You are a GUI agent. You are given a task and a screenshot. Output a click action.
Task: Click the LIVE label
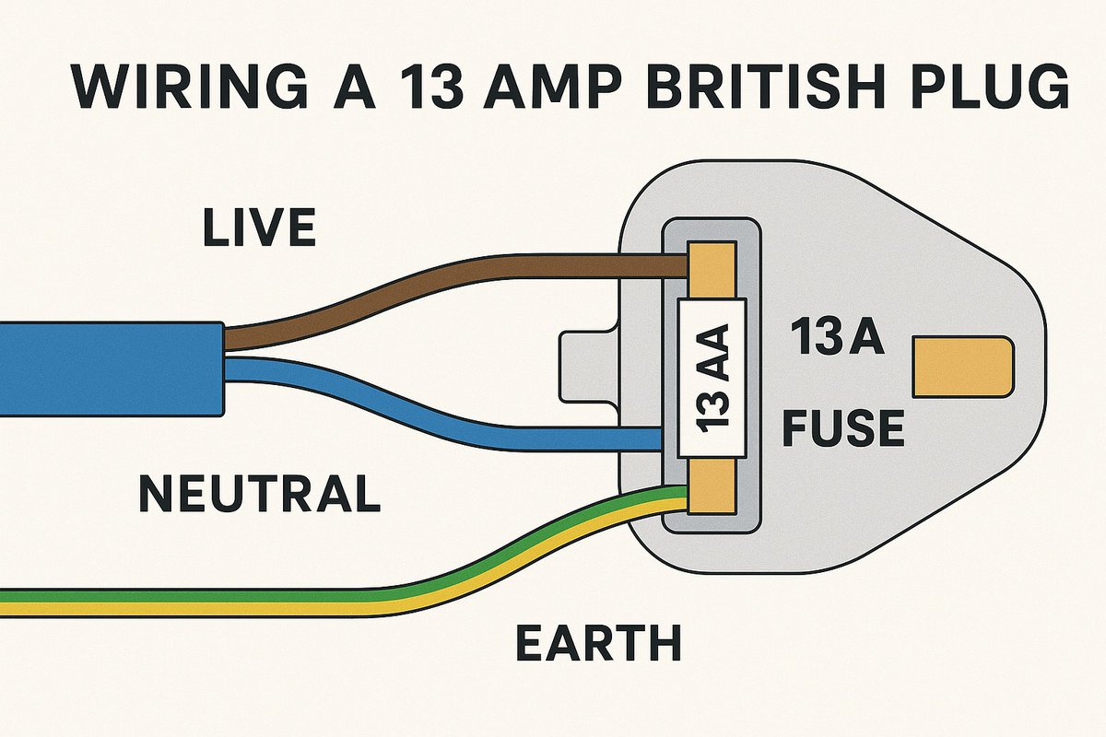coord(259,228)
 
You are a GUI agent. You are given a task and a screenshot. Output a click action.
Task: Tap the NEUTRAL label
coord(259,494)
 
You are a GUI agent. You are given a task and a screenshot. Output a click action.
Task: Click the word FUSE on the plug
coord(842,429)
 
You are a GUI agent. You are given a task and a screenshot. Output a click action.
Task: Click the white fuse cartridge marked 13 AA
coord(711,378)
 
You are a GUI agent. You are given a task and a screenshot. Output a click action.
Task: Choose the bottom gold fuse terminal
coord(711,488)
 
